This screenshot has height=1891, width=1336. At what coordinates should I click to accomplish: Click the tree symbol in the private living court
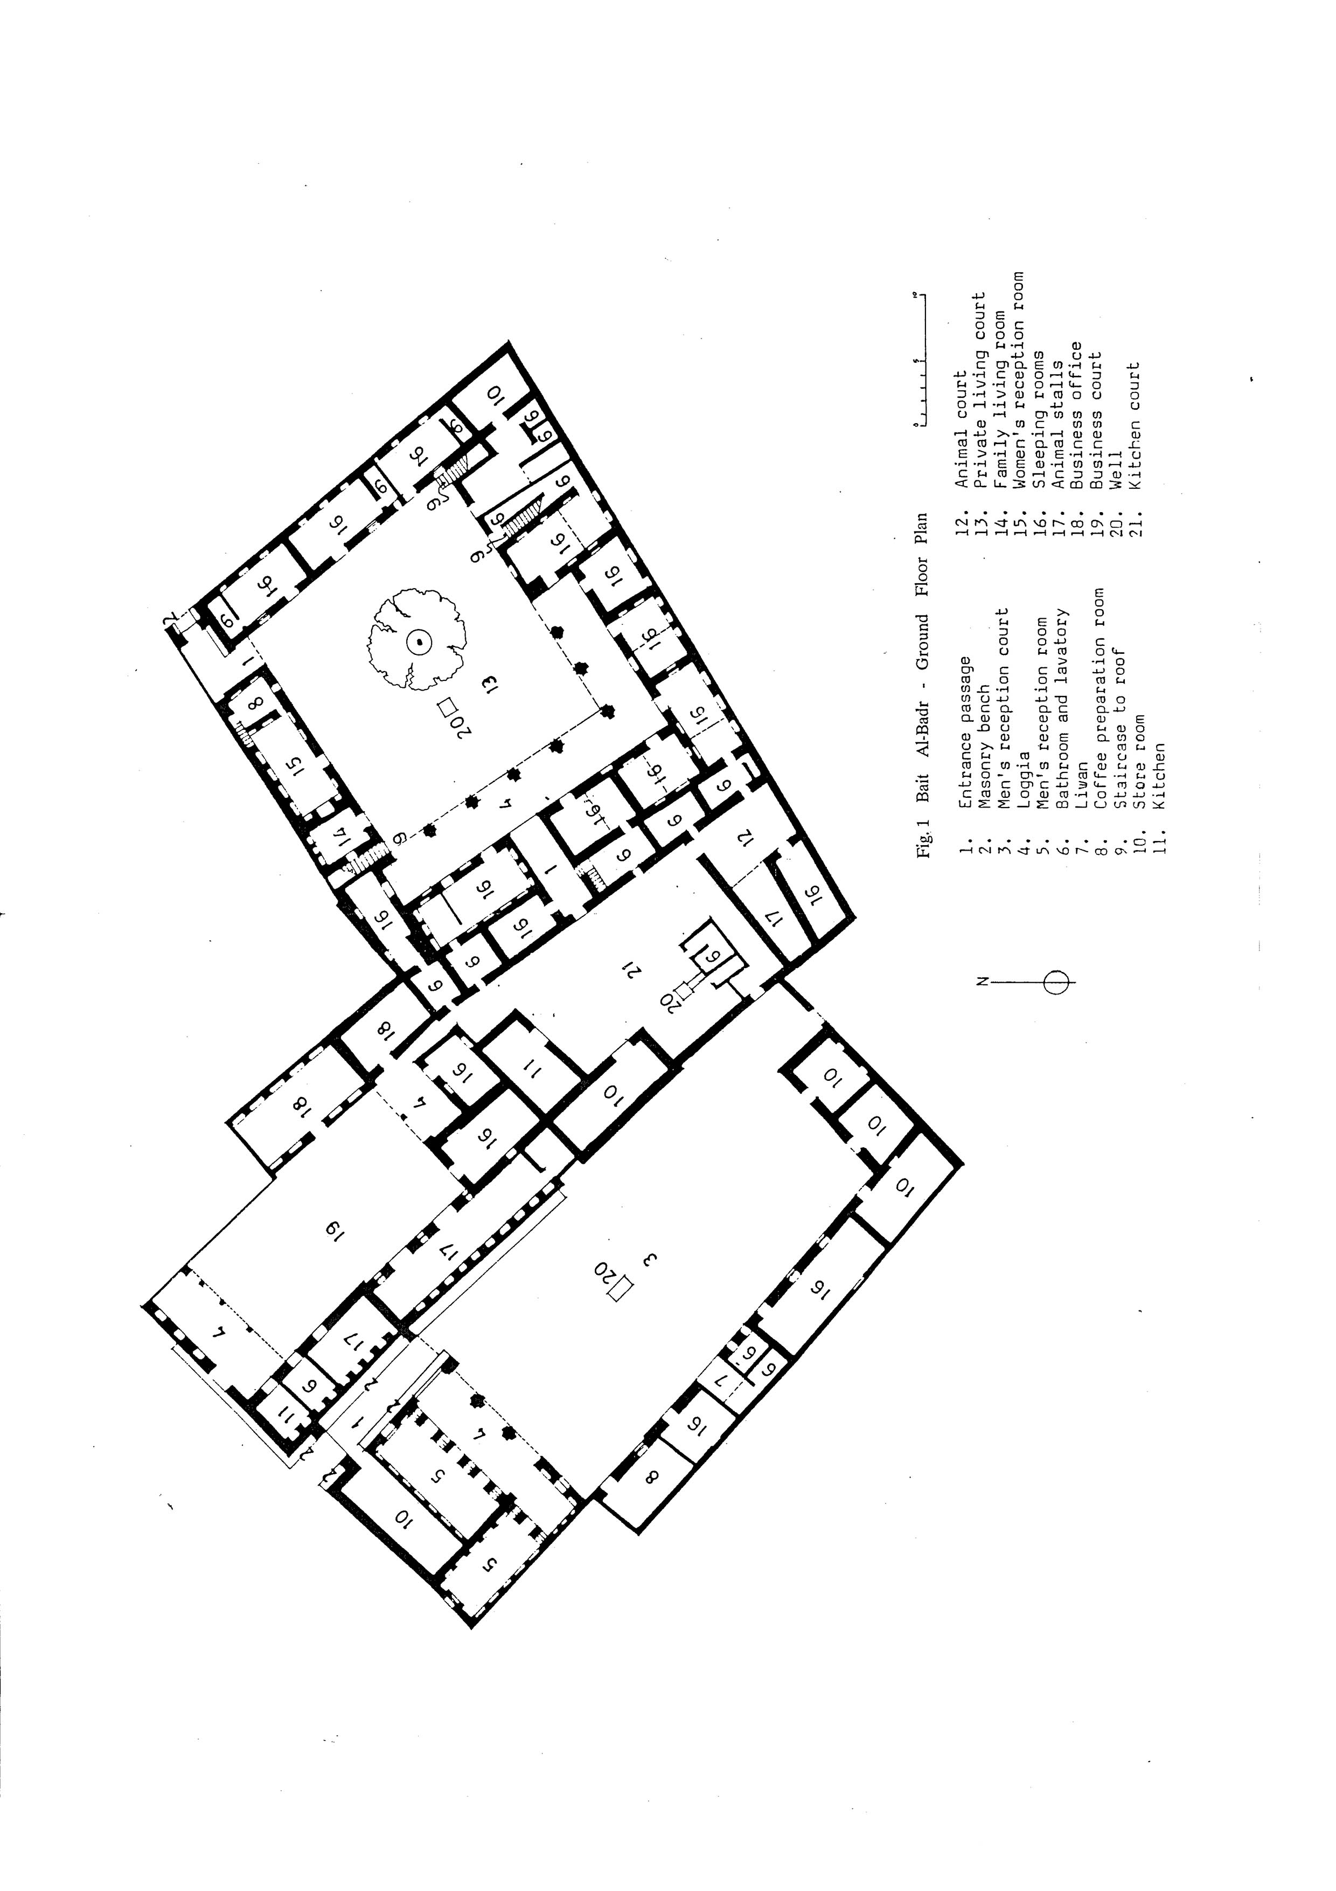click(418, 640)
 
